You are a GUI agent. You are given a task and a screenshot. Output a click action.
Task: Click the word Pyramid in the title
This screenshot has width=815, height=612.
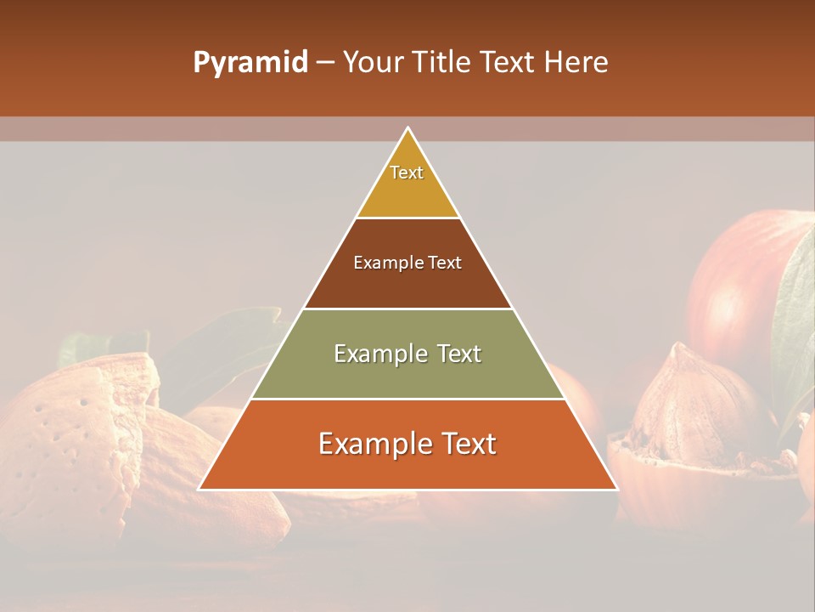(x=250, y=63)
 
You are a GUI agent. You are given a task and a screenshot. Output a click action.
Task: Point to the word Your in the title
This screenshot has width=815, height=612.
(x=372, y=63)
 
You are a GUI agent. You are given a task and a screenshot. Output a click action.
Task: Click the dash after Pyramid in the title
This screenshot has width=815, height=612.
(x=324, y=63)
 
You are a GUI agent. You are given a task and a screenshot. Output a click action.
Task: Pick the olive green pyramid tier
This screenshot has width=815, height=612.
(x=407, y=374)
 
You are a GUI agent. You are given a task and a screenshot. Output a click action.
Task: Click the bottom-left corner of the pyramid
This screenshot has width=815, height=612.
(x=200, y=489)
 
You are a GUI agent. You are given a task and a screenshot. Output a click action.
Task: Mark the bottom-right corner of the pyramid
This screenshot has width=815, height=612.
(x=617, y=489)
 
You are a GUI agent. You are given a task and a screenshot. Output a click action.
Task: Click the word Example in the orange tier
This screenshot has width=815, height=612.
(x=369, y=444)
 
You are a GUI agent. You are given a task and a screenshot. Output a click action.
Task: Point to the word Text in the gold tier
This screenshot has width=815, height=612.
(x=407, y=173)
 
